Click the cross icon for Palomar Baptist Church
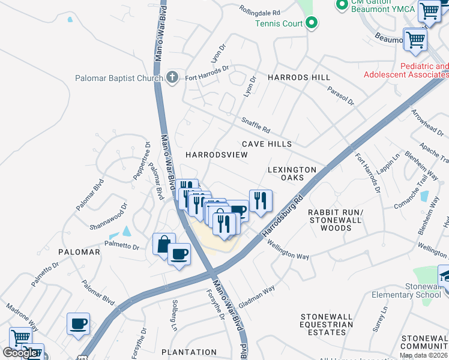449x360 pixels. pyautogui.click(x=172, y=77)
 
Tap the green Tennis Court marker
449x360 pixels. pyautogui.click(x=311, y=23)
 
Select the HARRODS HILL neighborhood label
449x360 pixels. pyautogui.click(x=299, y=78)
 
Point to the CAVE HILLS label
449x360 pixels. pyautogui.click(x=267, y=144)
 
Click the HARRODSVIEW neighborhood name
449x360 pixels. pyautogui.click(x=216, y=155)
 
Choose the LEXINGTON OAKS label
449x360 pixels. pyautogui.click(x=292, y=174)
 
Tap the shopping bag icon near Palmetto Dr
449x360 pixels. pyautogui.click(x=164, y=244)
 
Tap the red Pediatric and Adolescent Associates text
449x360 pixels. pyautogui.click(x=406, y=70)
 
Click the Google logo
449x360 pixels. pyautogui.click(x=19, y=353)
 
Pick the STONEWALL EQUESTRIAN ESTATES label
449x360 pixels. pyautogui.click(x=327, y=325)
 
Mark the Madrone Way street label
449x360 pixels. pyautogui.click(x=22, y=316)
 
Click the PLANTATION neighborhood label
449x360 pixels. pyautogui.click(x=189, y=352)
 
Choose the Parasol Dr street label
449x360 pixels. pyautogui.click(x=341, y=94)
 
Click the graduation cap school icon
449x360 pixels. pyautogui.click(x=445, y=275)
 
